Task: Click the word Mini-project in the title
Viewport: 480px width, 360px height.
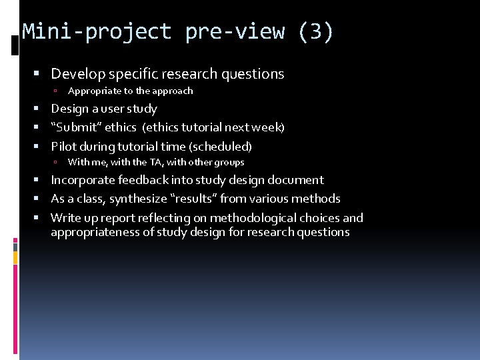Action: tap(97, 32)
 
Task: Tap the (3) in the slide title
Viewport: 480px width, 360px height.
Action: tap(316, 32)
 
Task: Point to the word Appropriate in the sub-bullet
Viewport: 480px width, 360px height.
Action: tap(95, 91)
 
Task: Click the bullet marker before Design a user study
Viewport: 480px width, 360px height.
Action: tap(43, 109)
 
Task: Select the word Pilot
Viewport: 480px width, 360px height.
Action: tap(65, 147)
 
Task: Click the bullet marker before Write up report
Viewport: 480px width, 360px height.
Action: tap(43, 218)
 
